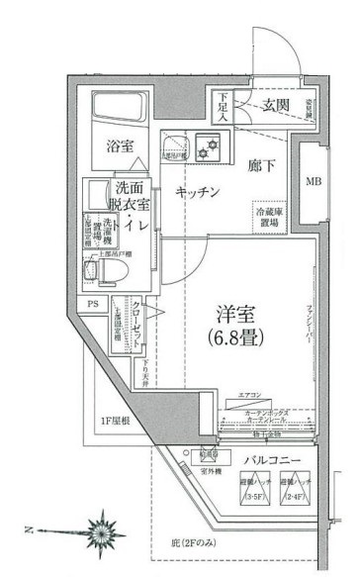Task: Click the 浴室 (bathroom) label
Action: click(120, 145)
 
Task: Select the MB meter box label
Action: click(314, 182)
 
